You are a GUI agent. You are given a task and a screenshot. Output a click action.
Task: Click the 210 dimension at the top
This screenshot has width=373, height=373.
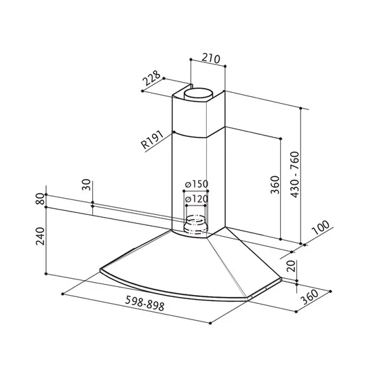pos(212,58)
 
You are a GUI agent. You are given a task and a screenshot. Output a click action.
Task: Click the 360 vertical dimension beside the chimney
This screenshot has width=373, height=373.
pos(275,184)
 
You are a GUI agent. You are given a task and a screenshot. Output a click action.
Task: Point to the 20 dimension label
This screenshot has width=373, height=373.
pos(290,267)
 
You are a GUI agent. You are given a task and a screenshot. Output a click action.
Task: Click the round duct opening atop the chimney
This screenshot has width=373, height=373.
pos(200,94)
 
